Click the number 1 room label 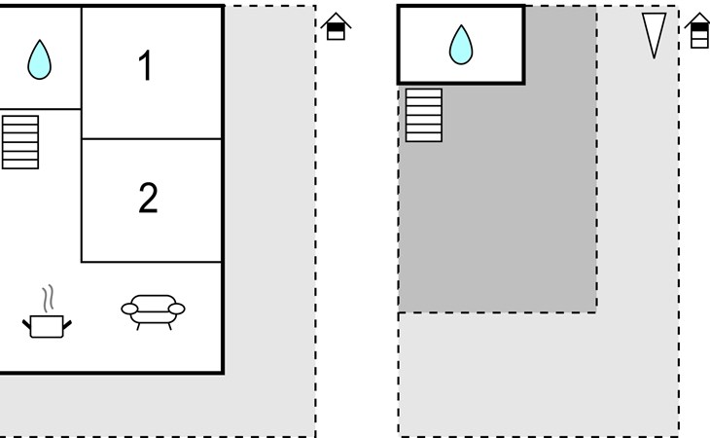(x=145, y=65)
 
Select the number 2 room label (x=148, y=198)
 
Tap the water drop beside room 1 (x=40, y=59)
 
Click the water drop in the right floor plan (x=461, y=45)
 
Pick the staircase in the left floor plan (x=20, y=142)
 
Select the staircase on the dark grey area (x=424, y=115)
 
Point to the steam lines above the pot (x=49, y=299)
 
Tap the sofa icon (x=153, y=312)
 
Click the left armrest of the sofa (x=129, y=309)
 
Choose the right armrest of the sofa (x=177, y=309)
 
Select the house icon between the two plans (x=336, y=26)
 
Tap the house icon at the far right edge (x=698, y=30)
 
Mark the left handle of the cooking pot (x=26, y=324)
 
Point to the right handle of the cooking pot (x=67, y=324)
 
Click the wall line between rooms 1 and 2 (x=151, y=138)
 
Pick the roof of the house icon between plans (x=336, y=19)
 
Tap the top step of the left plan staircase (x=20, y=120)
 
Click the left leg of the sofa (x=138, y=327)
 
